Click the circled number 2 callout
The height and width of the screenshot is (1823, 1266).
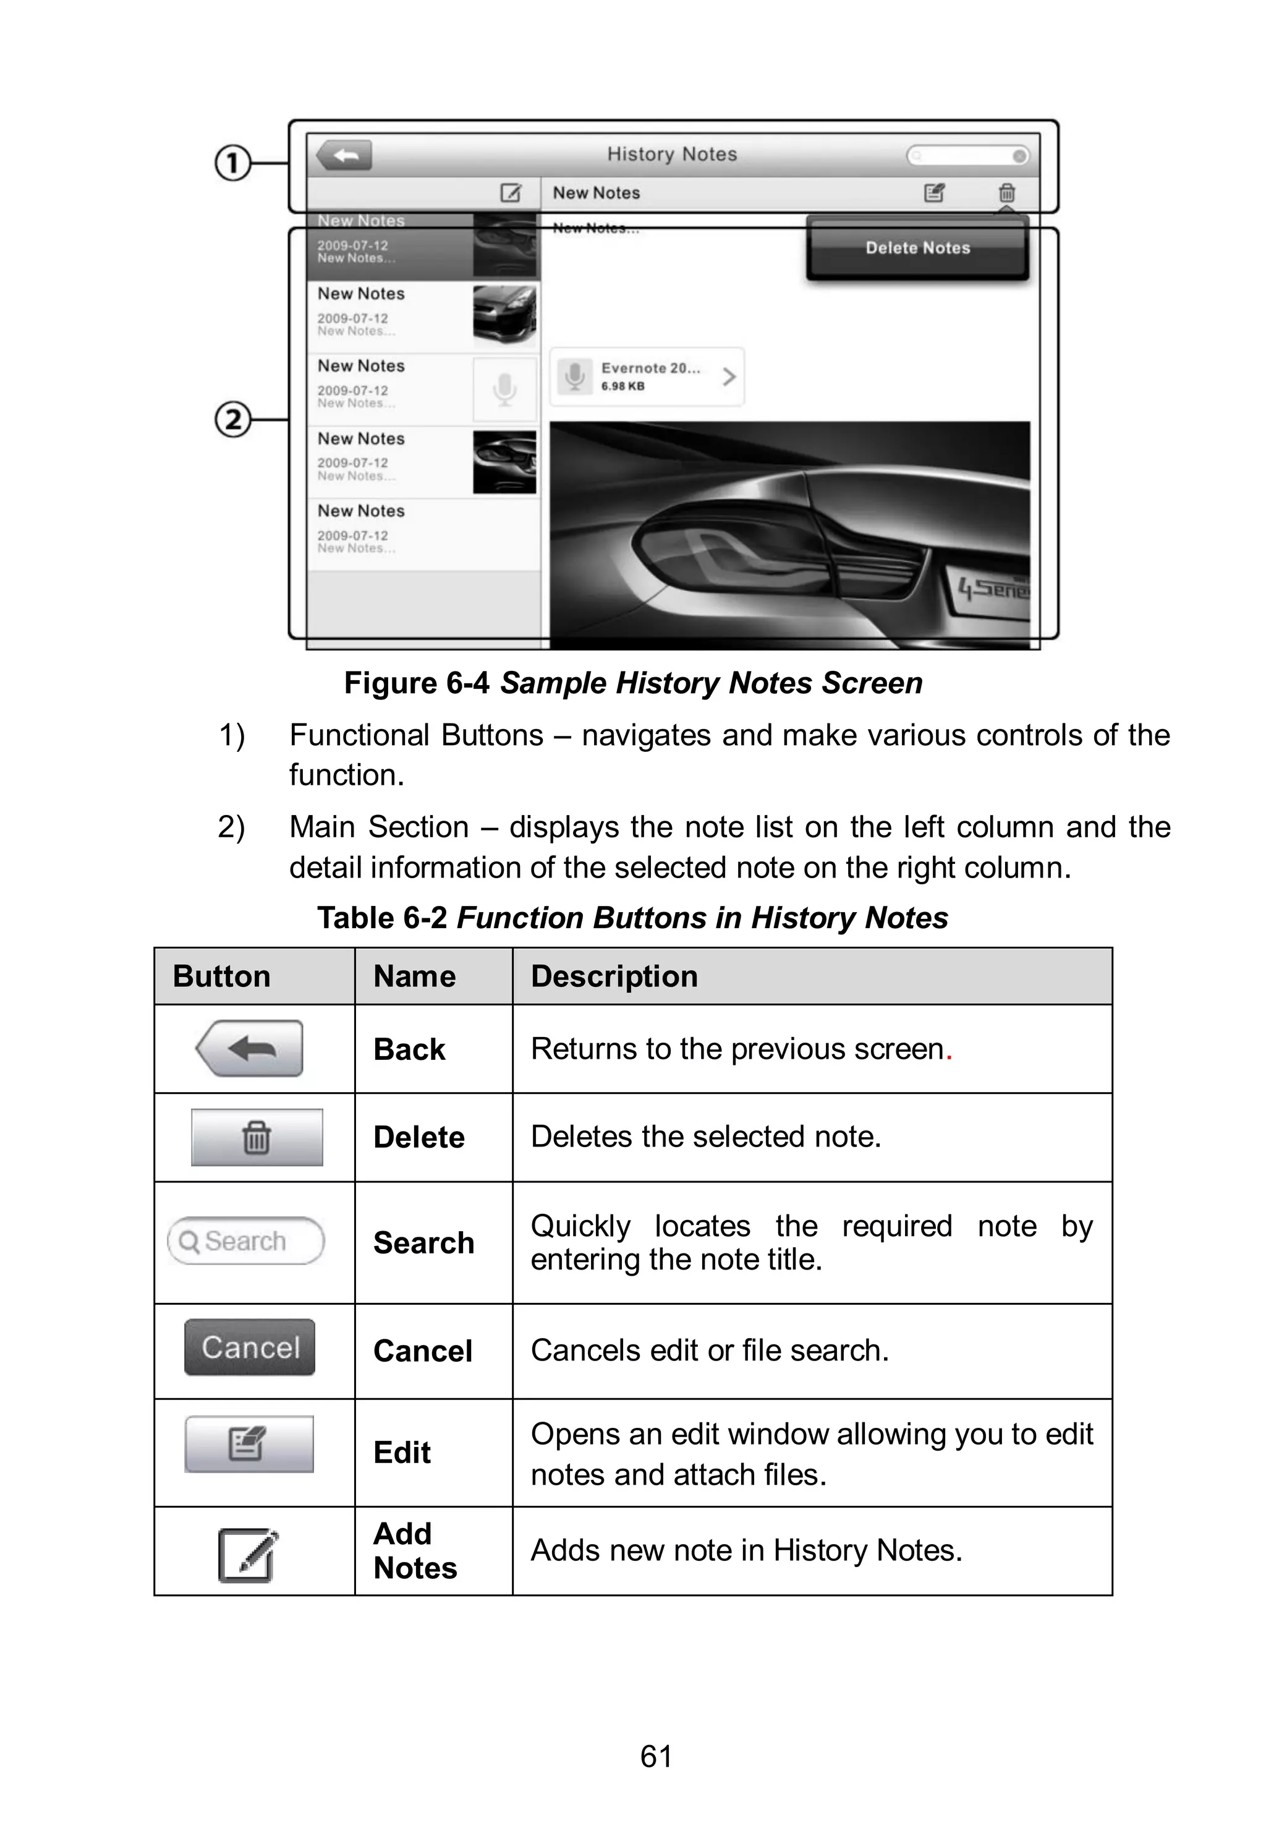232,420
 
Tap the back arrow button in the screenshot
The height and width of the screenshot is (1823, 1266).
344,155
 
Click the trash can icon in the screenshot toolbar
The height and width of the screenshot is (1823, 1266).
1006,193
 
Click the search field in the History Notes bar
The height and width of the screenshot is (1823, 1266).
967,155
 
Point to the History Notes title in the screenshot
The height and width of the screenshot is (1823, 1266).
672,155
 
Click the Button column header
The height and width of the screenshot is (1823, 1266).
222,976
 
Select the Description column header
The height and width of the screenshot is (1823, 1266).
614,976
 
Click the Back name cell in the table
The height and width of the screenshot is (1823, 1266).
409,1049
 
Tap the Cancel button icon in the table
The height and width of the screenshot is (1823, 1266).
250,1347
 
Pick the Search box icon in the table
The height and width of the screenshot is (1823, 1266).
246,1240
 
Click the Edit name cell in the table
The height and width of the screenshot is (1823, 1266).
402,1453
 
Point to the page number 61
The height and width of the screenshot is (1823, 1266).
656,1756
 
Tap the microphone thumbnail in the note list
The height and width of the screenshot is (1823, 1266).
504,390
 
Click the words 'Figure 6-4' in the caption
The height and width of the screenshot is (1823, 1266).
417,683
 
